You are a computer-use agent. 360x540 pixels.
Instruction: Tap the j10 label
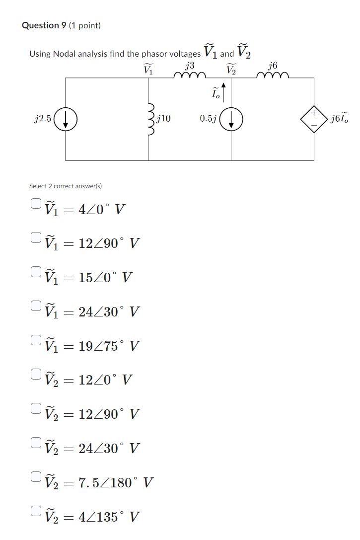pos(163,119)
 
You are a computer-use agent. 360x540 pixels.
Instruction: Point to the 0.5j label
pos(207,119)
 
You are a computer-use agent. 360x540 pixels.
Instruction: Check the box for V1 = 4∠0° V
pos(35,203)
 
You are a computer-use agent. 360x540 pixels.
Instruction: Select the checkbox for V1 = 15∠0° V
pos(35,271)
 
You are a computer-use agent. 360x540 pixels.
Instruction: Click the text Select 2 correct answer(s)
pos(66,186)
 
